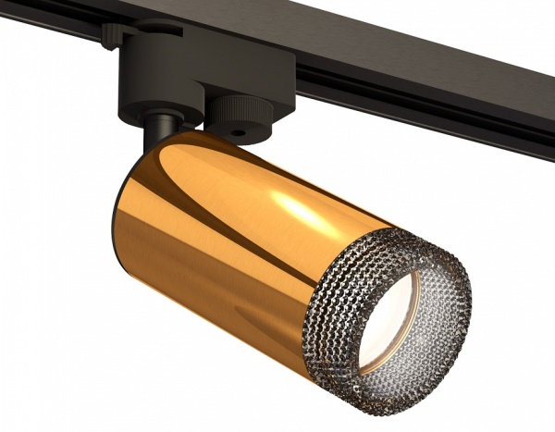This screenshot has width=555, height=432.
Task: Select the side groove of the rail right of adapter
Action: tap(416, 97)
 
